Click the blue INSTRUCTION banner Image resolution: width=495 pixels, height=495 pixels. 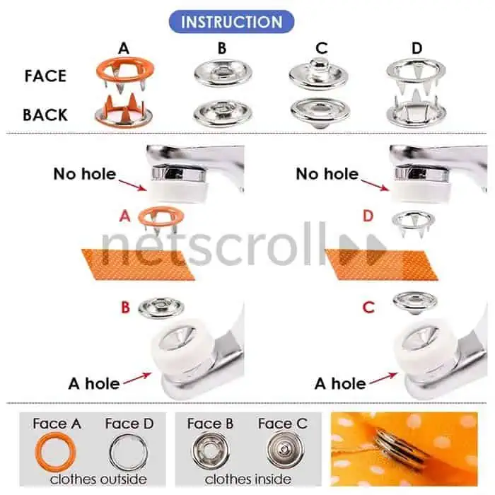(x=231, y=22)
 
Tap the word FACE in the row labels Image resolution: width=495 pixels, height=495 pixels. (x=45, y=76)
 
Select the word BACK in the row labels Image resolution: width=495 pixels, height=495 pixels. (x=45, y=115)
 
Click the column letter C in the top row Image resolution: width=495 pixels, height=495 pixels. (x=321, y=48)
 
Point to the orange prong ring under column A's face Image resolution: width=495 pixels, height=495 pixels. (x=125, y=74)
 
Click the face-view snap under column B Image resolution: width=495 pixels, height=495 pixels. (x=223, y=74)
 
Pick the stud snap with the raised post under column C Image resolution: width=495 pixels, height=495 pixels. (x=318, y=73)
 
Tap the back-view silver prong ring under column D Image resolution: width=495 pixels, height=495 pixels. (x=416, y=110)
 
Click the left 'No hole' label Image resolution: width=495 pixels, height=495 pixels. (x=85, y=174)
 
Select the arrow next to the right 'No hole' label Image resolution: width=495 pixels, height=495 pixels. (x=375, y=185)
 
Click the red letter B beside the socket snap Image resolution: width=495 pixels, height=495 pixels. (x=125, y=307)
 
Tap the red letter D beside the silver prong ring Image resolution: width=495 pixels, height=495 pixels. (x=368, y=216)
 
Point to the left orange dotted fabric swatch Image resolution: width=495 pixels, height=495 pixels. (x=139, y=264)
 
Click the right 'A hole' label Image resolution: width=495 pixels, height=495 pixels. (x=340, y=383)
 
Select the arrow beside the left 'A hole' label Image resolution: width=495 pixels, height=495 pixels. (x=137, y=378)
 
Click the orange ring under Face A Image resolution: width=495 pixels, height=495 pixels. (x=56, y=452)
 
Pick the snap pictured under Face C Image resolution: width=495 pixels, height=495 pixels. (x=285, y=450)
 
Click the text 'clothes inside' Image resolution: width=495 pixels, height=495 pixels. (x=248, y=479)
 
